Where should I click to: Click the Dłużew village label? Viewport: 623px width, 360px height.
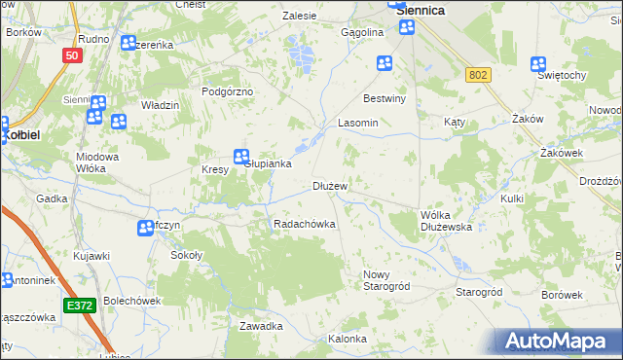click(x=330, y=185)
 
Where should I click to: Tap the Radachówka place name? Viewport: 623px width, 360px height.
click(x=305, y=224)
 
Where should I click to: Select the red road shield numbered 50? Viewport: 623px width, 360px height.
click(x=70, y=55)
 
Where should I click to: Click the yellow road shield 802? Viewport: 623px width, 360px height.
click(x=478, y=75)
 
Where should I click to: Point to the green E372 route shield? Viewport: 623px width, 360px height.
click(x=81, y=306)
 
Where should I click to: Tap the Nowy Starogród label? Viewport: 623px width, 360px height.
click(x=386, y=280)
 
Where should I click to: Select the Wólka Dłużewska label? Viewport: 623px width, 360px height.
click(x=446, y=220)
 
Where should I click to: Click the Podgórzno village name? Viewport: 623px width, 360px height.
click(x=227, y=90)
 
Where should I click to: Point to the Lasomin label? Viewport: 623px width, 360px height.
click(x=357, y=124)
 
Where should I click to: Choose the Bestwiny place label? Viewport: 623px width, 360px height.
click(x=384, y=98)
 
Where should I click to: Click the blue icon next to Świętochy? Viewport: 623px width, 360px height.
click(x=538, y=64)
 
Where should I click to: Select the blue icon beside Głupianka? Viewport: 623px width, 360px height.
click(x=240, y=156)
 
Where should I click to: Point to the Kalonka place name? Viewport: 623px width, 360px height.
click(x=348, y=339)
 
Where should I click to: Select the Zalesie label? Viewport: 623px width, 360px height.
click(x=300, y=16)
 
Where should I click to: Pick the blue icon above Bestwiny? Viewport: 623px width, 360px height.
click(x=385, y=64)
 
